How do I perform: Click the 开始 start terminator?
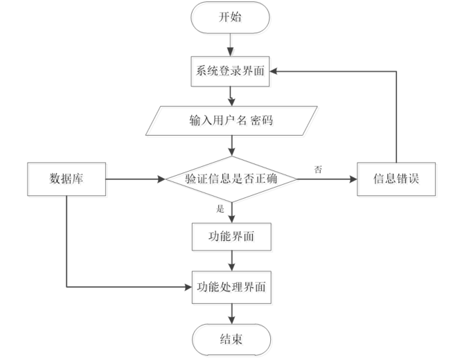click(231, 17)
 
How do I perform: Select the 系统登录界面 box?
click(231, 70)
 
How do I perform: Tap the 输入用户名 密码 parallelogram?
click(231, 120)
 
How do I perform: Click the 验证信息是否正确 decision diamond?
click(231, 179)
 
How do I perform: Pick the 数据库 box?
click(67, 179)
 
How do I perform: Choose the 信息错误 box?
click(396, 179)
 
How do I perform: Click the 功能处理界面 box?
click(231, 285)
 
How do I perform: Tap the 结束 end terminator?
click(231, 339)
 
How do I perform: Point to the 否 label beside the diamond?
click(318, 169)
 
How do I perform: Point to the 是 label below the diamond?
click(220, 208)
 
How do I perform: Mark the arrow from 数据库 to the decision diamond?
click(135, 179)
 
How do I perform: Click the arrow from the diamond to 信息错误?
click(326, 179)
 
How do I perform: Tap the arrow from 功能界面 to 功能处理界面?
click(231, 261)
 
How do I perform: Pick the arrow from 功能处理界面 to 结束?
click(231, 311)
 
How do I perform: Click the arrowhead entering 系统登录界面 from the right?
click(274, 70)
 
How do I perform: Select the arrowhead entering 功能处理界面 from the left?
click(188, 285)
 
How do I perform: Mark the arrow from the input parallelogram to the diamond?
click(231, 147)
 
